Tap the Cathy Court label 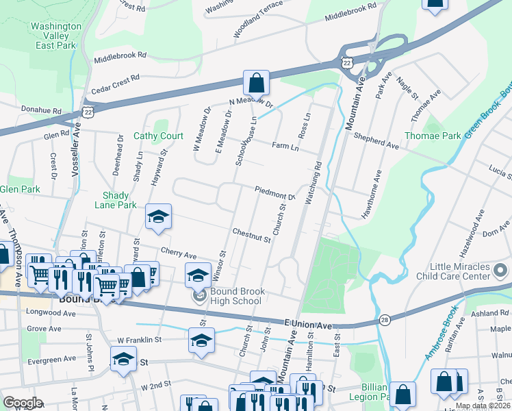coord(158,136)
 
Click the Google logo coord(23,403)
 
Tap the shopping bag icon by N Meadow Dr coord(255,83)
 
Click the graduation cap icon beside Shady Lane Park coord(158,217)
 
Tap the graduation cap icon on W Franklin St coord(201,339)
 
